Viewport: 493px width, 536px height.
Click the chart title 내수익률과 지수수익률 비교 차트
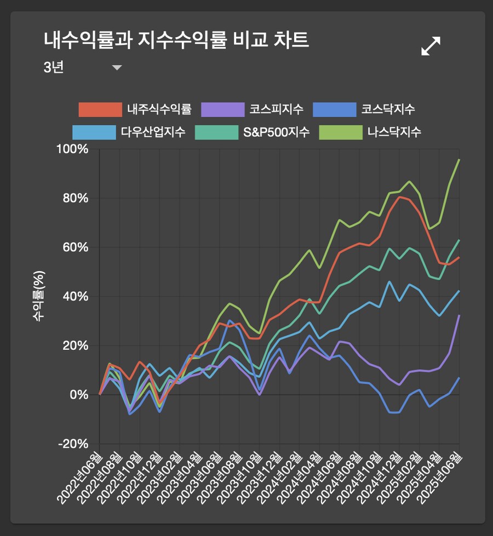point(176,40)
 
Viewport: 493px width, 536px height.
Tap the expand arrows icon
point(431,46)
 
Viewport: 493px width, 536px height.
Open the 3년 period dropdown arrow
point(117,68)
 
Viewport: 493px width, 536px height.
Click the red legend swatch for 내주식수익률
point(100,109)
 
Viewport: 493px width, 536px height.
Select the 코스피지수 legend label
point(276,109)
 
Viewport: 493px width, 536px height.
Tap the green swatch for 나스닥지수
point(340,132)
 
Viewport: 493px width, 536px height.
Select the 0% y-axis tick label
point(82,394)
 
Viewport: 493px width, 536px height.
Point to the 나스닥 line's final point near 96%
point(459,159)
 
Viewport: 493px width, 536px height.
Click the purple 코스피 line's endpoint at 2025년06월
point(459,315)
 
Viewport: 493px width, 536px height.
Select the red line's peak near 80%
point(400,197)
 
